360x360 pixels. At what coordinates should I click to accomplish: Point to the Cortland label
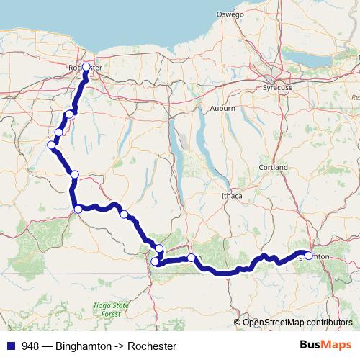point(274,168)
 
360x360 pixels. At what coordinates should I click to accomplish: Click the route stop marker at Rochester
point(86,67)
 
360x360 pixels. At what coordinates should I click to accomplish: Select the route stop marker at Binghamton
point(309,256)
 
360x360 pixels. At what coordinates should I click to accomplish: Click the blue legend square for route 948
point(11,346)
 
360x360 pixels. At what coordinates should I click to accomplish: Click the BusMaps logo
point(327,346)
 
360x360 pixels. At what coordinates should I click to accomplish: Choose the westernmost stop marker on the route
point(51,145)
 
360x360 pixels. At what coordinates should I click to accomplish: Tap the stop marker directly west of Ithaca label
point(124,214)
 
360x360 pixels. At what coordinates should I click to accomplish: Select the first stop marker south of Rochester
point(69,114)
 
